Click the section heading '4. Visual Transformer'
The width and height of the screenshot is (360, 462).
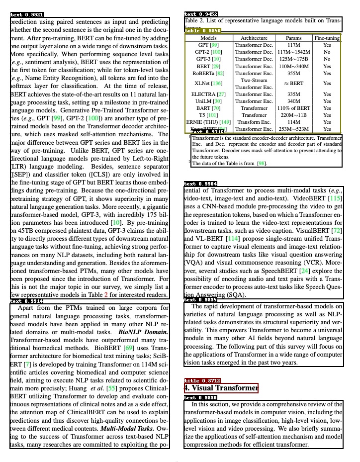(x=221, y=388)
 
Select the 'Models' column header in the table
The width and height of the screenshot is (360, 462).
(x=208, y=38)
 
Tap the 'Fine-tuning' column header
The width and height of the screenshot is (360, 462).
(x=327, y=38)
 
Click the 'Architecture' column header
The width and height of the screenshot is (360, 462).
(x=254, y=38)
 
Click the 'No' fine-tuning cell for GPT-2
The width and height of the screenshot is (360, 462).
(x=327, y=52)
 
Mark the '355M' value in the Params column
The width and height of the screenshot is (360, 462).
(x=293, y=73)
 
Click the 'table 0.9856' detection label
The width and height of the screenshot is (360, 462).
(x=202, y=31)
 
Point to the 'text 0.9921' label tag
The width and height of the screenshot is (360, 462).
(x=27, y=15)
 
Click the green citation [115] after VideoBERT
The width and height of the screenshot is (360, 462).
(x=335, y=198)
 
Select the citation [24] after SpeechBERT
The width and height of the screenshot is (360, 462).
(x=305, y=271)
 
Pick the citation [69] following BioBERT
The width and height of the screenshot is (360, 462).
(x=128, y=348)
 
